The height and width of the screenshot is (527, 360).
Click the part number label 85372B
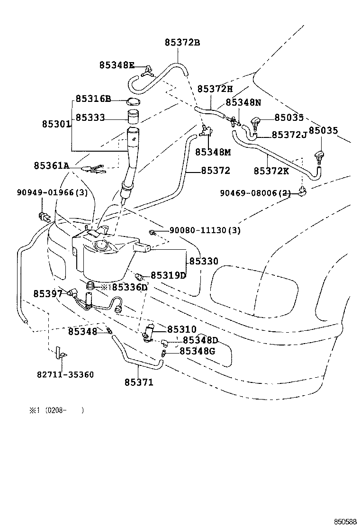click(182, 43)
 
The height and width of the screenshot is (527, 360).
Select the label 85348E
click(117, 65)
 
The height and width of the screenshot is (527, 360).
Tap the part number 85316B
click(93, 99)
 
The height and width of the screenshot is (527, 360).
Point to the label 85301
click(56, 124)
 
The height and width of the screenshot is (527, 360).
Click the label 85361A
click(51, 165)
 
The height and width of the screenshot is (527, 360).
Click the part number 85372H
click(215, 89)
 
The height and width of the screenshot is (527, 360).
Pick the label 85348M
click(213, 152)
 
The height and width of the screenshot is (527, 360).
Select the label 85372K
click(271, 171)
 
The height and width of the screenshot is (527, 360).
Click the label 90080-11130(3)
click(205, 231)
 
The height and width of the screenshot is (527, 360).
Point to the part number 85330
click(204, 261)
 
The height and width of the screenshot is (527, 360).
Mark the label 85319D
click(168, 275)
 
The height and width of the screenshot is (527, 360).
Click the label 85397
click(48, 294)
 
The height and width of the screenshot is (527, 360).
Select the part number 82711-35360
click(65, 374)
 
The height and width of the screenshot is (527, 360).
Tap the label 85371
click(139, 382)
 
